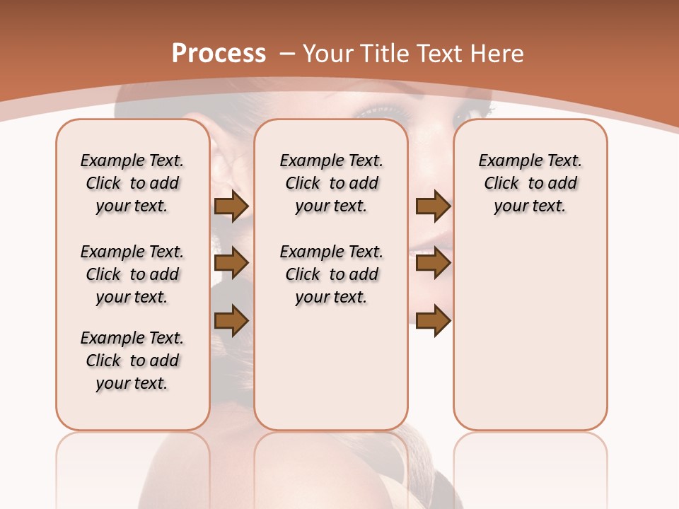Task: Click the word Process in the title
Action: [219, 54]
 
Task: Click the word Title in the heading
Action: [387, 54]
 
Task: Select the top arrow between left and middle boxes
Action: [231, 206]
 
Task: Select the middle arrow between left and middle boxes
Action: [231, 264]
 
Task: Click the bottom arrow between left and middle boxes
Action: [231, 321]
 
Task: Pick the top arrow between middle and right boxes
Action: [433, 206]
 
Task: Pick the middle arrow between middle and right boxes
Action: [433, 264]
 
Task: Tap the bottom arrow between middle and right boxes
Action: [433, 321]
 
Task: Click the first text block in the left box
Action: [132, 183]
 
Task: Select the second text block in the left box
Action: [132, 274]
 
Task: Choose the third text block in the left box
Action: [132, 361]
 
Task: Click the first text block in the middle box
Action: [331, 183]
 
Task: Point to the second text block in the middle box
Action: [331, 274]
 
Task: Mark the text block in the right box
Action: [530, 183]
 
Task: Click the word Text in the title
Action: [439, 54]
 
